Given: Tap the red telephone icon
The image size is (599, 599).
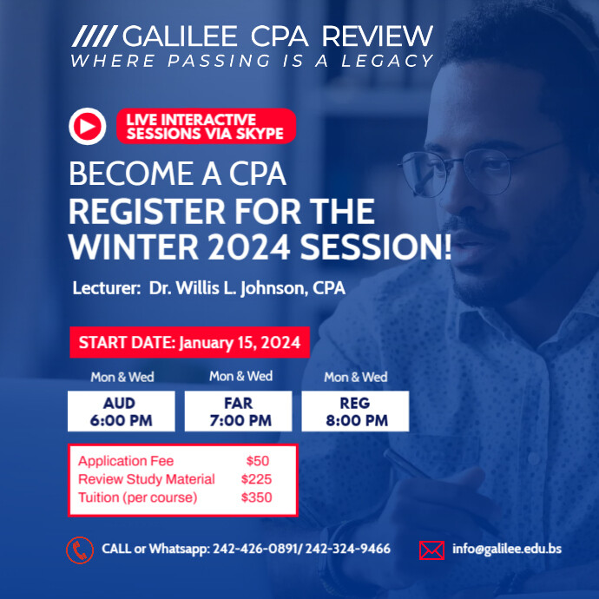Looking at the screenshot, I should click(x=80, y=550).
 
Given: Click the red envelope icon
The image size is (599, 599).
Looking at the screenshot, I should click(x=431, y=550).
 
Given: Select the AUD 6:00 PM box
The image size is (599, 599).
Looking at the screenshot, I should click(x=121, y=411).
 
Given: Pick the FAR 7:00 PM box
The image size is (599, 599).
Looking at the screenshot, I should click(x=240, y=411).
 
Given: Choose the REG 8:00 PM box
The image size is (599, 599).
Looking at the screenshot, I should click(x=355, y=411).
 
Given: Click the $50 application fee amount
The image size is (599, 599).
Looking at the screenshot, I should click(x=258, y=461).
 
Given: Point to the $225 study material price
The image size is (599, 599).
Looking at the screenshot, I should click(x=257, y=479).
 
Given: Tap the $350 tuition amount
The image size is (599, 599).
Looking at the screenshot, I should click(x=257, y=497).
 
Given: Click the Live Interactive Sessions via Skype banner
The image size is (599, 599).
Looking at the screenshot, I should click(x=206, y=126).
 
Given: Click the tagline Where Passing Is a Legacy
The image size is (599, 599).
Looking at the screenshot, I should click(x=252, y=61).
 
